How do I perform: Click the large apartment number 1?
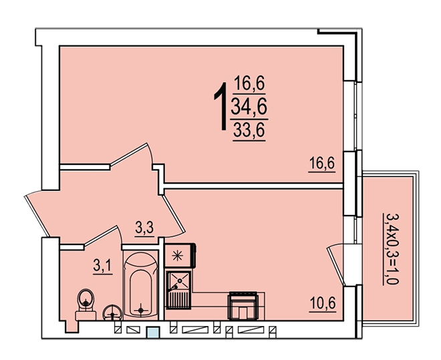221,106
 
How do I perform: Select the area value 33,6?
249,130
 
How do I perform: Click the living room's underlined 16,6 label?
322,163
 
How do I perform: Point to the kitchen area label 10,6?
323,303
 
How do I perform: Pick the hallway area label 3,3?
144,228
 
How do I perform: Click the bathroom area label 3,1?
103,265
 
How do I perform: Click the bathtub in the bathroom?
140,285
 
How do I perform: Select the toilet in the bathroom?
86,304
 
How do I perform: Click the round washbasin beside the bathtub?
112,313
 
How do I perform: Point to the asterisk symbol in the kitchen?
178,255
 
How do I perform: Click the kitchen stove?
244,306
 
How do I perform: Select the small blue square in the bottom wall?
153,333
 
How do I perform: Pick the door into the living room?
130,154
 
